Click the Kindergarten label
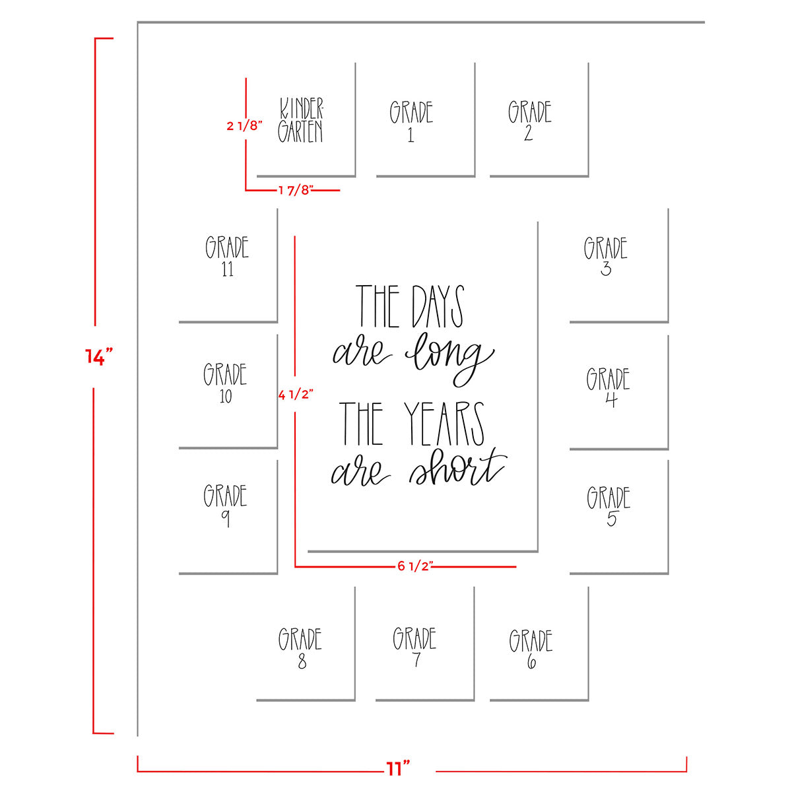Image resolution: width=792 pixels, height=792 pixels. click(301, 121)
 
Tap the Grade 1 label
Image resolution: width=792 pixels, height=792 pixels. click(411, 121)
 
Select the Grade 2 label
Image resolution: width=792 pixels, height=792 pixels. click(529, 121)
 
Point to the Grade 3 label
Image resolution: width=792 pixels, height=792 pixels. click(605, 256)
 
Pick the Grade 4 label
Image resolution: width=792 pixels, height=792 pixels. click(609, 388)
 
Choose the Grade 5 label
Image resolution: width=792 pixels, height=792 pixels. click(609, 507)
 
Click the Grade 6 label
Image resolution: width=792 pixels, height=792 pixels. click(531, 649)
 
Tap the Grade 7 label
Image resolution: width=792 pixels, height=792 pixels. click(415, 647)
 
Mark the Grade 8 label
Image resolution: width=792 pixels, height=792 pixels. click(300, 648)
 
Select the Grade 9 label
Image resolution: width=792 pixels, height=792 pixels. click(226, 506)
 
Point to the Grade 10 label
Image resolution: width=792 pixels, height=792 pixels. click(226, 383)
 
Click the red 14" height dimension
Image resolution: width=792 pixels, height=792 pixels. click(99, 357)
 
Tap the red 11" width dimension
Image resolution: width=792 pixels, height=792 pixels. click(398, 769)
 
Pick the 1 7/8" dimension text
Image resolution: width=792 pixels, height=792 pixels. click(295, 191)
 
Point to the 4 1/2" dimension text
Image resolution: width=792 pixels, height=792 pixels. click(295, 395)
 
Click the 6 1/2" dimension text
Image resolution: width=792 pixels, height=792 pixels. click(414, 566)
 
